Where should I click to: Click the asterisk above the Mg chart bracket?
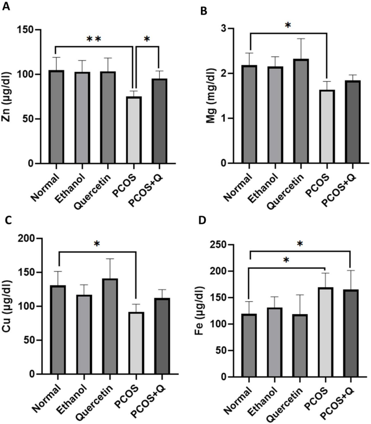click(x=288, y=25)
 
